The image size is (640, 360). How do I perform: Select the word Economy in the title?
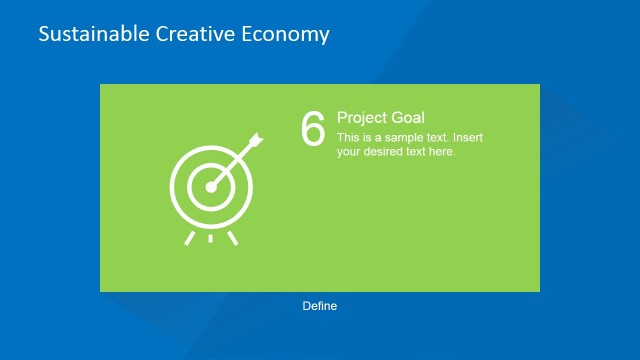[286, 34]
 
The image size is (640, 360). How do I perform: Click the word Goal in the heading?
[407, 118]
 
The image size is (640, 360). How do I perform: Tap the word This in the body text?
[348, 138]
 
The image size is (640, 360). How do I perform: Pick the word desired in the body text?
[387, 152]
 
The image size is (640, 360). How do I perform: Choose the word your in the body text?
[350, 152]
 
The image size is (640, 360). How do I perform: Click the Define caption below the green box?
[320, 306]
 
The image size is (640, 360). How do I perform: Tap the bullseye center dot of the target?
[211, 186]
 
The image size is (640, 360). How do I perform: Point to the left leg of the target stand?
[187, 237]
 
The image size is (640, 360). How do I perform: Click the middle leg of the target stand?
[210, 239]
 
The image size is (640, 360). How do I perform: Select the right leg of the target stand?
[233, 237]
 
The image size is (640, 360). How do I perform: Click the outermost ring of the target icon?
[174, 186]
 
